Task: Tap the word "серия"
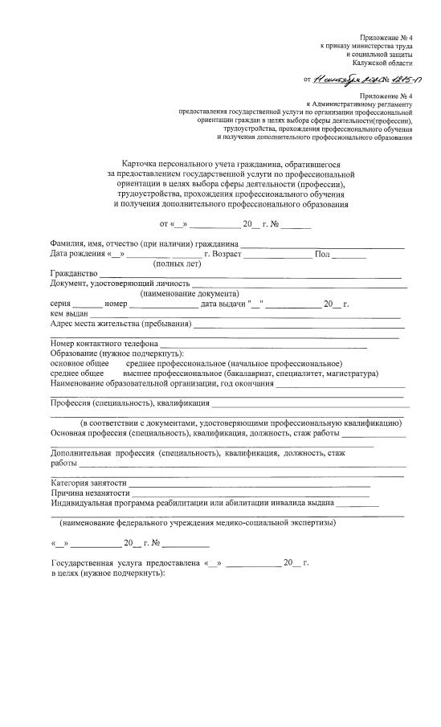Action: click(62, 304)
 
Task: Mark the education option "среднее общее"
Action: click(77, 374)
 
